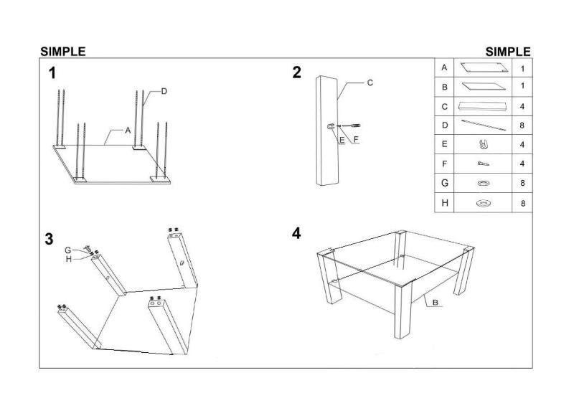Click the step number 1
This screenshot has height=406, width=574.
pos(52,72)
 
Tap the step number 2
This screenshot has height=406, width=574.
pos(297,72)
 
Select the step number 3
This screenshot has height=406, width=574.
pos(49,240)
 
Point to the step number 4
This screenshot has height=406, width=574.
pos(296,235)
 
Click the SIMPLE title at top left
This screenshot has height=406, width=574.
pos(62,52)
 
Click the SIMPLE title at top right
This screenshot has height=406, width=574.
pos(508,52)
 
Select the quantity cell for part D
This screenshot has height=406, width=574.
pos(522,126)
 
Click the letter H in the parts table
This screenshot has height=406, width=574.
pos(445,203)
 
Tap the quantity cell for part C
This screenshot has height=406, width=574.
pos(522,106)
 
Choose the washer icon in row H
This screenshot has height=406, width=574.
pos(482,204)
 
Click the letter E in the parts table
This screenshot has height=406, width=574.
pos(445,145)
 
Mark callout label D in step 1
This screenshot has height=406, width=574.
pos(164,91)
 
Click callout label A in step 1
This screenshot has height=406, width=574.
pos(127,131)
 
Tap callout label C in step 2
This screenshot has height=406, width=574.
pos(370,83)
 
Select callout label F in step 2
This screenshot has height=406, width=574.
pos(354,139)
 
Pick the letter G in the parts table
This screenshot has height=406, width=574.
pos(445,184)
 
